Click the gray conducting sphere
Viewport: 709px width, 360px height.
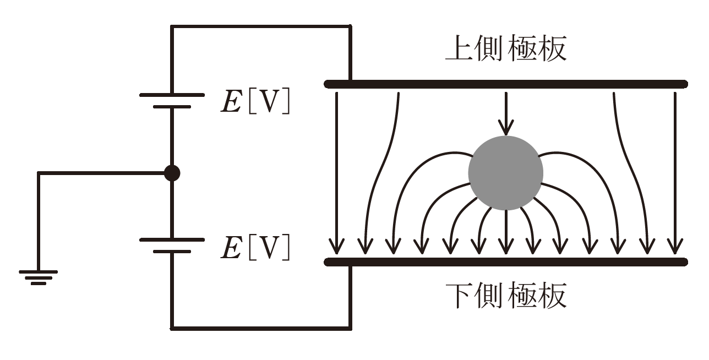point(505,173)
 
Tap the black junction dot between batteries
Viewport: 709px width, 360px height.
point(172,173)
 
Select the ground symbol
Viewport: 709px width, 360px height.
point(38,277)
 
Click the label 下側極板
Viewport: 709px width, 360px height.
point(505,296)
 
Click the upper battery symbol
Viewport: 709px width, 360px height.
point(172,100)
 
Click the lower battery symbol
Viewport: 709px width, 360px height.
point(172,246)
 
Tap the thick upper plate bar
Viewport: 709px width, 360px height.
point(505,84)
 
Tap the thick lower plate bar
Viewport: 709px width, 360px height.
point(505,261)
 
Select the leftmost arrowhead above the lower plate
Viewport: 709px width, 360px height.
point(336,246)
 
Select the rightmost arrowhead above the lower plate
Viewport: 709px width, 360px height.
point(675,246)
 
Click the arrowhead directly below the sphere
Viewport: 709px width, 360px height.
point(505,246)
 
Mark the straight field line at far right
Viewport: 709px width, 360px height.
point(675,165)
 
